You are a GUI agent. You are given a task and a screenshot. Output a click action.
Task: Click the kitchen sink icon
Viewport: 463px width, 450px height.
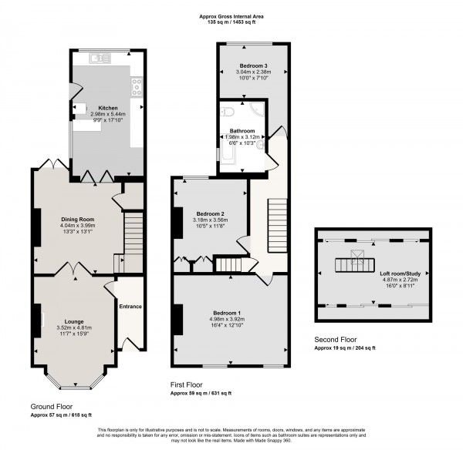(x=98, y=57)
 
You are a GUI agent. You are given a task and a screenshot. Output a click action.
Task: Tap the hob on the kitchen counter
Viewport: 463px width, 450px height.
(x=137, y=86)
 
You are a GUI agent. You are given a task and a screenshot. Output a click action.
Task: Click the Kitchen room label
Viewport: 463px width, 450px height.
(x=107, y=108)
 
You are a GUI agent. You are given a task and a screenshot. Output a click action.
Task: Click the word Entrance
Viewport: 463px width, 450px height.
(x=130, y=307)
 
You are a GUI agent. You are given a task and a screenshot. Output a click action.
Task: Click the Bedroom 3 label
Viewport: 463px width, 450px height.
(x=253, y=66)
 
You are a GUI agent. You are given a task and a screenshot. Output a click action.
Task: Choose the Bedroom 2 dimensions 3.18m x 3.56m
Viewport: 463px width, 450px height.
(x=210, y=220)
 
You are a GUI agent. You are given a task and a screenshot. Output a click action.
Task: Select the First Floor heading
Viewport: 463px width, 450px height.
(x=187, y=383)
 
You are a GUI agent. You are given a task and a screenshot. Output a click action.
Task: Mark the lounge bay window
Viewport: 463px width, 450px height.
(x=75, y=384)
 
